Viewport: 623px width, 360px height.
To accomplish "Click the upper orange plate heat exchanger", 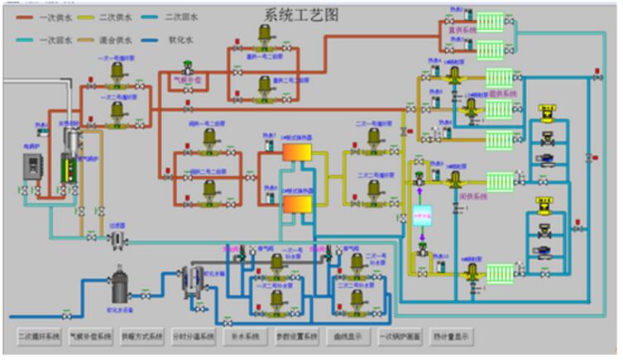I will click(x=296, y=153).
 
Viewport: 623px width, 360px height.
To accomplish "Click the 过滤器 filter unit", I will click(x=118, y=238).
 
